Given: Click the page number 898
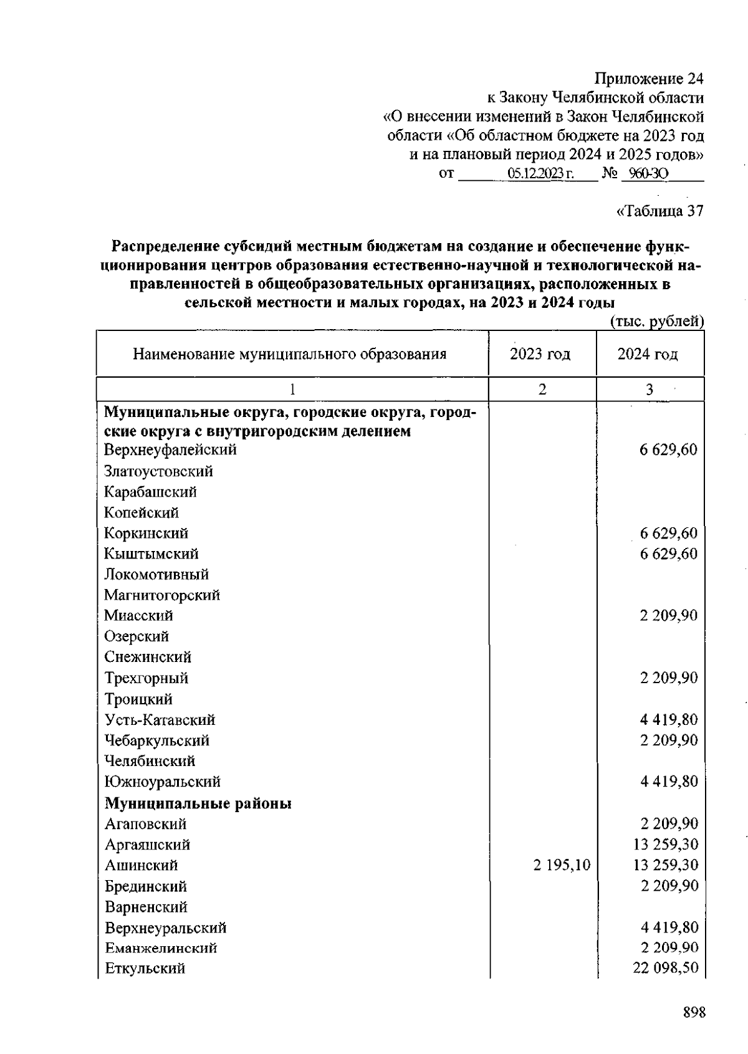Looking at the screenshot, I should (694, 1013).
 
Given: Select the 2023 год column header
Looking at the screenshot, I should (540, 355).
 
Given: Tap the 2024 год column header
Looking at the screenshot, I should (648, 355).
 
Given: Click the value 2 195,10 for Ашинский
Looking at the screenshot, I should (562, 865).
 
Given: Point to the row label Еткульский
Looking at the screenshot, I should (145, 969).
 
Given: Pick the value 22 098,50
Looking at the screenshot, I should (665, 969).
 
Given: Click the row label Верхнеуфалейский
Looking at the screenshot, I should (170, 449).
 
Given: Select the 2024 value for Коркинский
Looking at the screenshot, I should (668, 534).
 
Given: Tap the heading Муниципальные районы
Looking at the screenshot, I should (198, 803).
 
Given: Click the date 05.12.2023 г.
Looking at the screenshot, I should (540, 174).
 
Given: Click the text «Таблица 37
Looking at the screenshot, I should (659, 211).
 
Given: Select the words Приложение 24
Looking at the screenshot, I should (648, 79).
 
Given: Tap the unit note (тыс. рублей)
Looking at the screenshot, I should (656, 321).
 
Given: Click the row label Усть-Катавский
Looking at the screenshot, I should (160, 720).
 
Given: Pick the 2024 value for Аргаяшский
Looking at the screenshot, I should (665, 845).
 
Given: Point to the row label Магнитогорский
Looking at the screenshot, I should (162, 595).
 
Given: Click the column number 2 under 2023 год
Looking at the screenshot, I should (542, 390).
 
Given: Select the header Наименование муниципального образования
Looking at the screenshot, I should (289, 355).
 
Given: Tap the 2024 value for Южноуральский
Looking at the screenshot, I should (668, 782).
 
